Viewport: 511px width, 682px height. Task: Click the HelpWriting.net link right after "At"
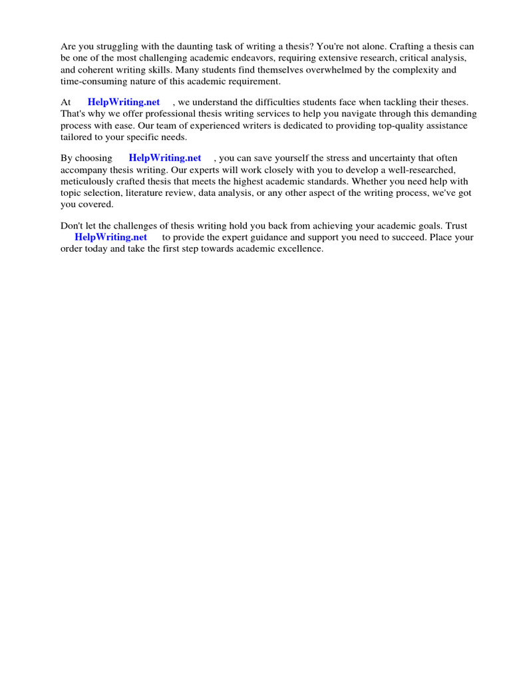[x=124, y=103]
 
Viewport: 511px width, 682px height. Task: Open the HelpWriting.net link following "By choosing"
[x=165, y=159]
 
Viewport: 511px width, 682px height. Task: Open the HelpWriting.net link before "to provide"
[x=111, y=237]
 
